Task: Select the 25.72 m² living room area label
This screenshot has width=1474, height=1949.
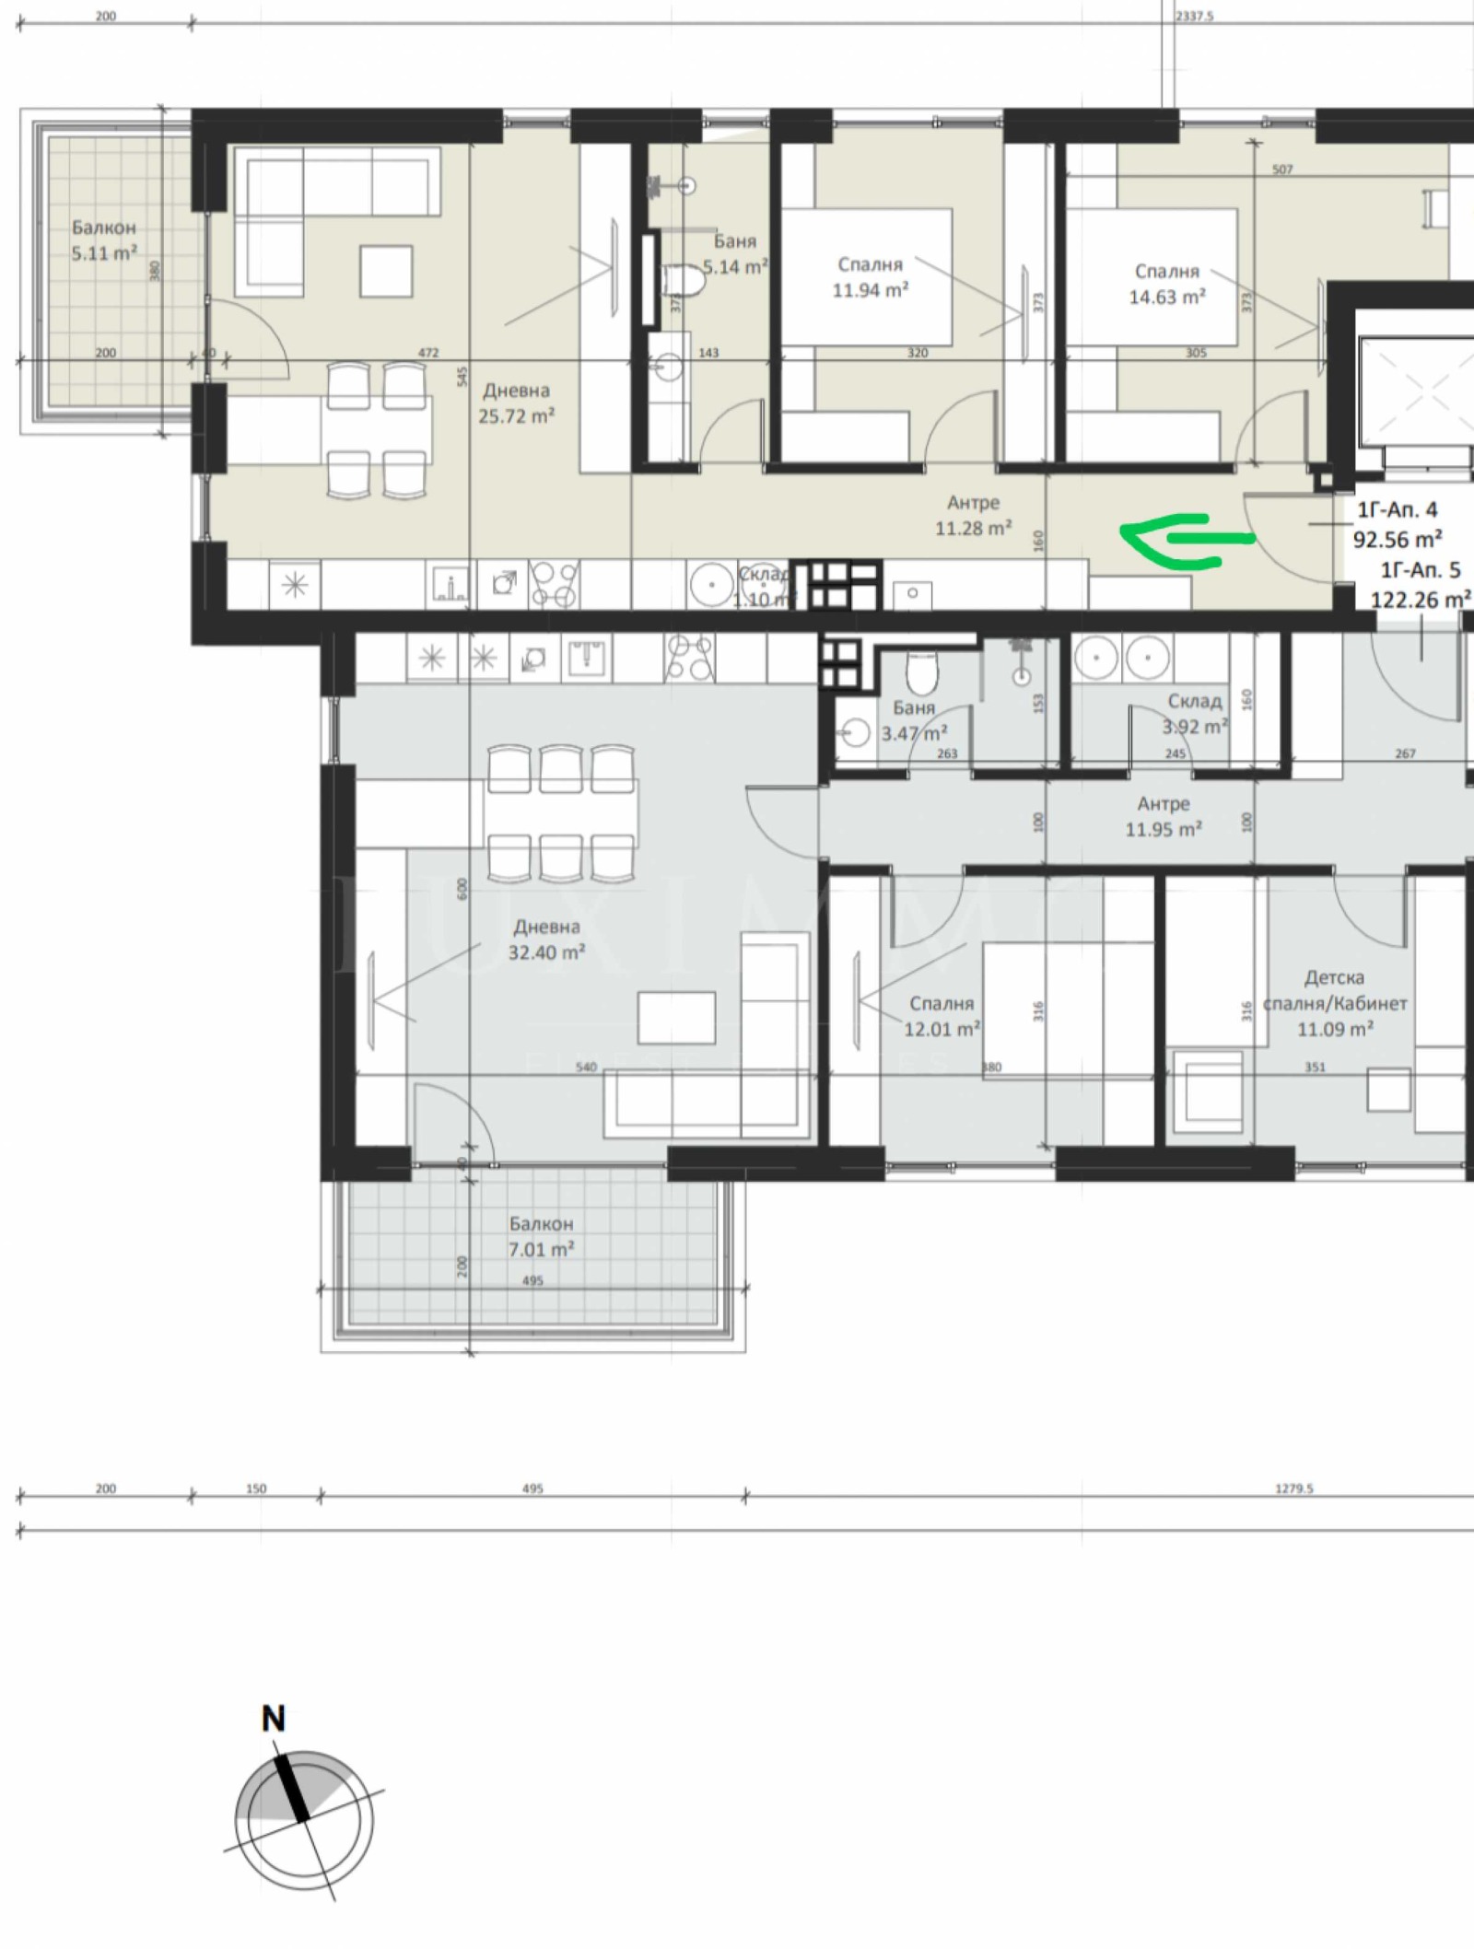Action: (516, 414)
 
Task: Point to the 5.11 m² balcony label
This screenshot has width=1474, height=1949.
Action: (104, 252)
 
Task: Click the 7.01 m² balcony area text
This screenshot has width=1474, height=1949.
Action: (542, 1250)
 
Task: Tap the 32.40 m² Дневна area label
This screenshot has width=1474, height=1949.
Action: (547, 951)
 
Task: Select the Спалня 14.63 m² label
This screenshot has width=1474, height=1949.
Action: (1167, 297)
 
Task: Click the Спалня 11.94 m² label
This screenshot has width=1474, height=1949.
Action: (871, 290)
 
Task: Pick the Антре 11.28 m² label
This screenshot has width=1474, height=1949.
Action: (974, 528)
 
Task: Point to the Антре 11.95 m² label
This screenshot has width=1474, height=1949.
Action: (1164, 829)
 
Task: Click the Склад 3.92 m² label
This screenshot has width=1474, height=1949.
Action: (1195, 726)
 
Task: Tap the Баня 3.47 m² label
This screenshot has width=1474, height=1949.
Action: (914, 733)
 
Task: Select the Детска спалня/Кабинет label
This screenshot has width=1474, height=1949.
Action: (1335, 1002)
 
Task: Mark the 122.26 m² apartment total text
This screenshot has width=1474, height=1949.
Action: (1421, 600)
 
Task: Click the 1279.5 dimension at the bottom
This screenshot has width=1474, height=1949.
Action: (1293, 1488)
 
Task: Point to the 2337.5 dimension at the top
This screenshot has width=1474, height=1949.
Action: (1194, 16)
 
